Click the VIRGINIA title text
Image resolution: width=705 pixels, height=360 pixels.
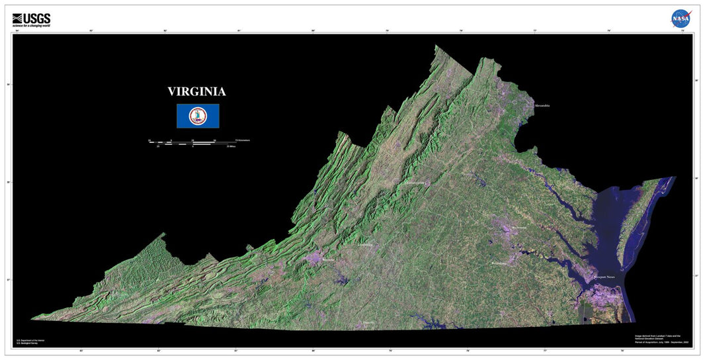[196, 92]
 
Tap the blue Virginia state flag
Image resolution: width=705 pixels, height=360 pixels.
[198, 116]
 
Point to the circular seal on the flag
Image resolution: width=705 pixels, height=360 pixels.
[198, 116]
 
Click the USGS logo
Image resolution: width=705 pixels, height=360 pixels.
[31, 18]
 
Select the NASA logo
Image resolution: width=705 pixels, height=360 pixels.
[681, 19]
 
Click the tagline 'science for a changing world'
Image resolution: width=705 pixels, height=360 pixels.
[32, 26]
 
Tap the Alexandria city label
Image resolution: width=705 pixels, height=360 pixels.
[542, 105]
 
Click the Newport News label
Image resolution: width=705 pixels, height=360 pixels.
[607, 277]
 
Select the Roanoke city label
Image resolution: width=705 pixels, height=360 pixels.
[327, 261]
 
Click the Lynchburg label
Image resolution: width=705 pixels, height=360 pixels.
[365, 245]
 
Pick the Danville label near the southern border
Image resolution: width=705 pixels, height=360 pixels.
[368, 322]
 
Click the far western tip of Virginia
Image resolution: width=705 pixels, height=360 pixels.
[34, 318]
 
